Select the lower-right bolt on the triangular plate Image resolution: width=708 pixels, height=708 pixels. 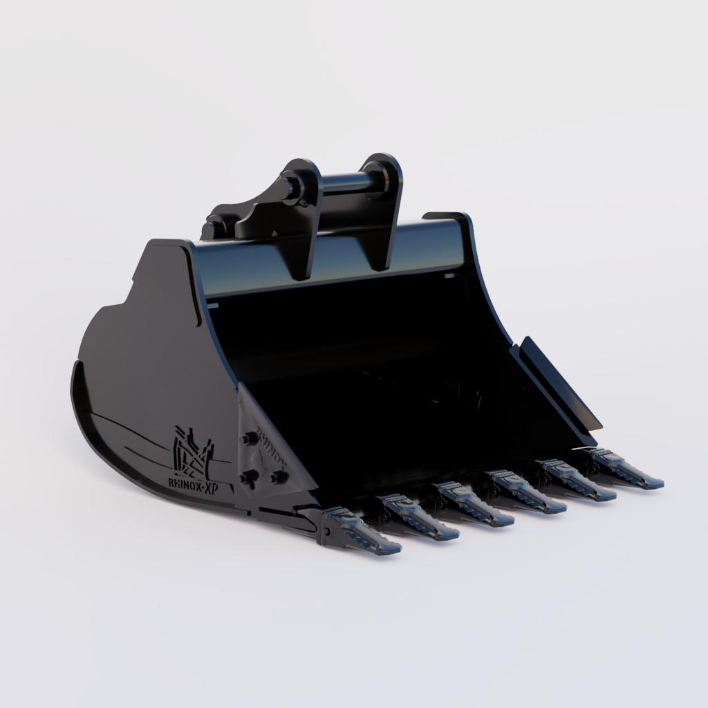coord(279,476)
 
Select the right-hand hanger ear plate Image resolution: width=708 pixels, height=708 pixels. coord(384,207)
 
